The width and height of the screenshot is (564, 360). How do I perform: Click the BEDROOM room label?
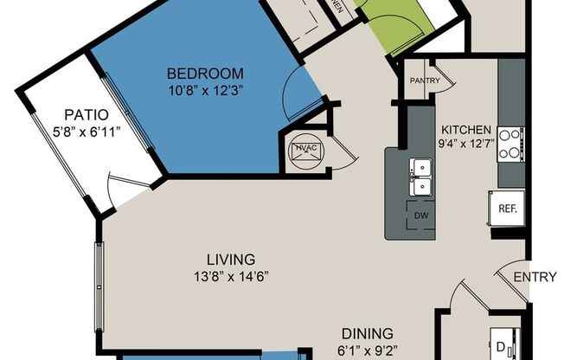pyautogui.click(x=205, y=74)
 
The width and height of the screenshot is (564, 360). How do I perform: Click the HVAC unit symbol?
pyautogui.click(x=305, y=150)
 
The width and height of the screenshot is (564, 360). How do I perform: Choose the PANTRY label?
pyautogui.click(x=425, y=81)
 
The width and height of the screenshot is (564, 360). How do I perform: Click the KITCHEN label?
pyautogui.click(x=466, y=127)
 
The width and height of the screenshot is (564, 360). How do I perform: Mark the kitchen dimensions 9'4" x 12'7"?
pyautogui.click(x=466, y=143)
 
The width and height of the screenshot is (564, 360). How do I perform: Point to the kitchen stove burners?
pyautogui.click(x=510, y=144)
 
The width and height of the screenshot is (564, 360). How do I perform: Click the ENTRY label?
pyautogui.click(x=534, y=277)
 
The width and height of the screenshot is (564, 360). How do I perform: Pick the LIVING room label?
pyautogui.click(x=230, y=259)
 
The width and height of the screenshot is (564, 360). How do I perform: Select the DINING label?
pyautogui.click(x=367, y=332)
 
